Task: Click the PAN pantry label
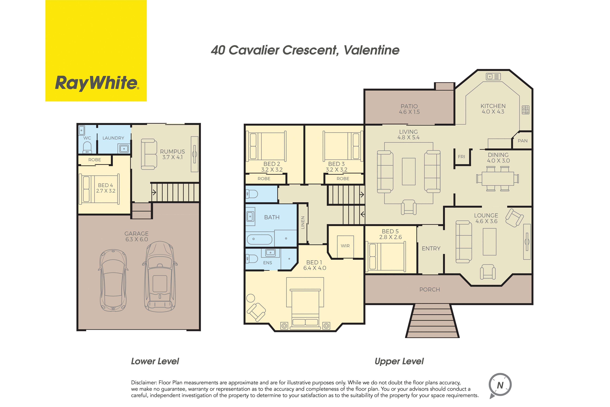523,141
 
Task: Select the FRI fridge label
461,157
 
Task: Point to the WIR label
345,246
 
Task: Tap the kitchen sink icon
493,77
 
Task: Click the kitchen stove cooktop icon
526,110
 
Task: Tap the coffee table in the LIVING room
409,172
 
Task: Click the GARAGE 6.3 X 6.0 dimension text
137,237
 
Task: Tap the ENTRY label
431,248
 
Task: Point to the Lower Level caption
155,361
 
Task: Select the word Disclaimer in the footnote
144,383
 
